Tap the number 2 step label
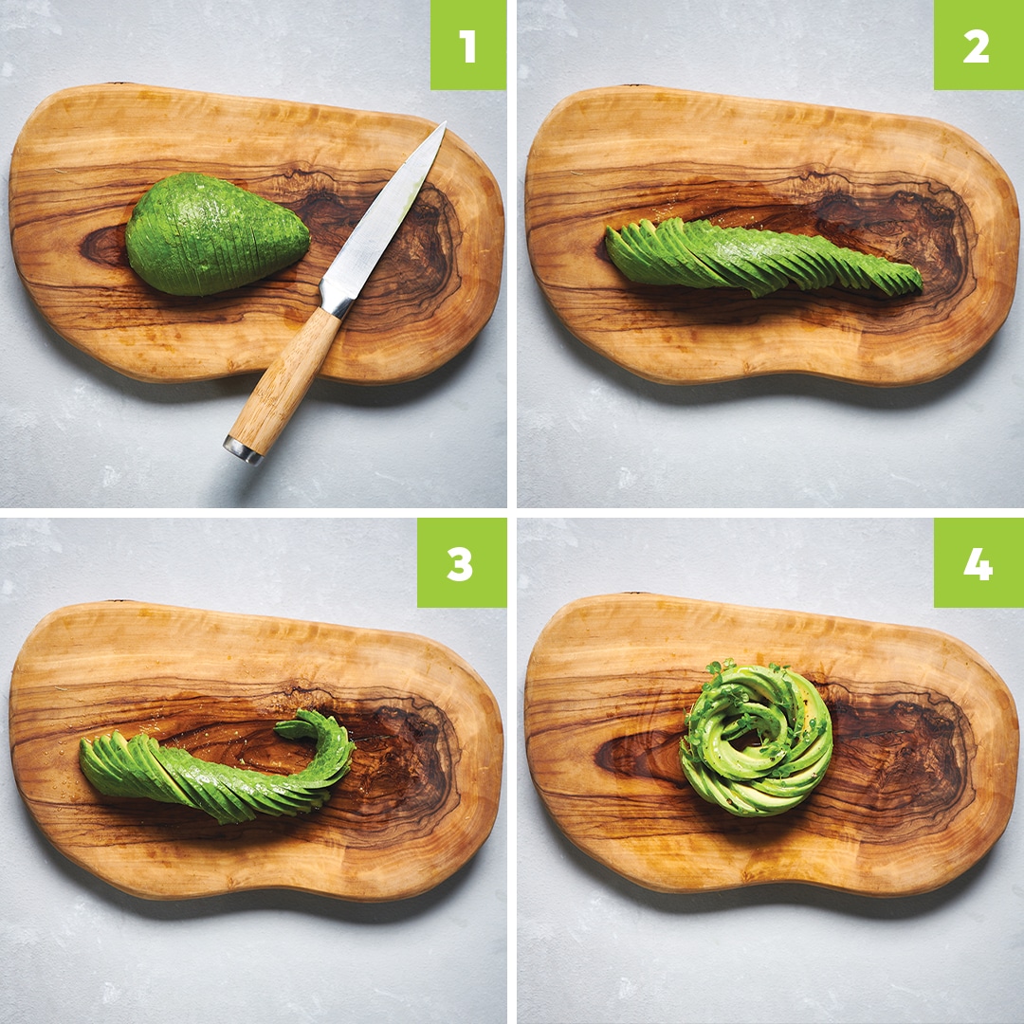(976, 46)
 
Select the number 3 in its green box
(460, 563)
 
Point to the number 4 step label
(978, 563)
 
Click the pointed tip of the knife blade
(445, 122)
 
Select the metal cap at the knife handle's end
(243, 449)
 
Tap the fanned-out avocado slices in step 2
(761, 257)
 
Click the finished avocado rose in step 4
(757, 740)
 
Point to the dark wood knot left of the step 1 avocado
(104, 246)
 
